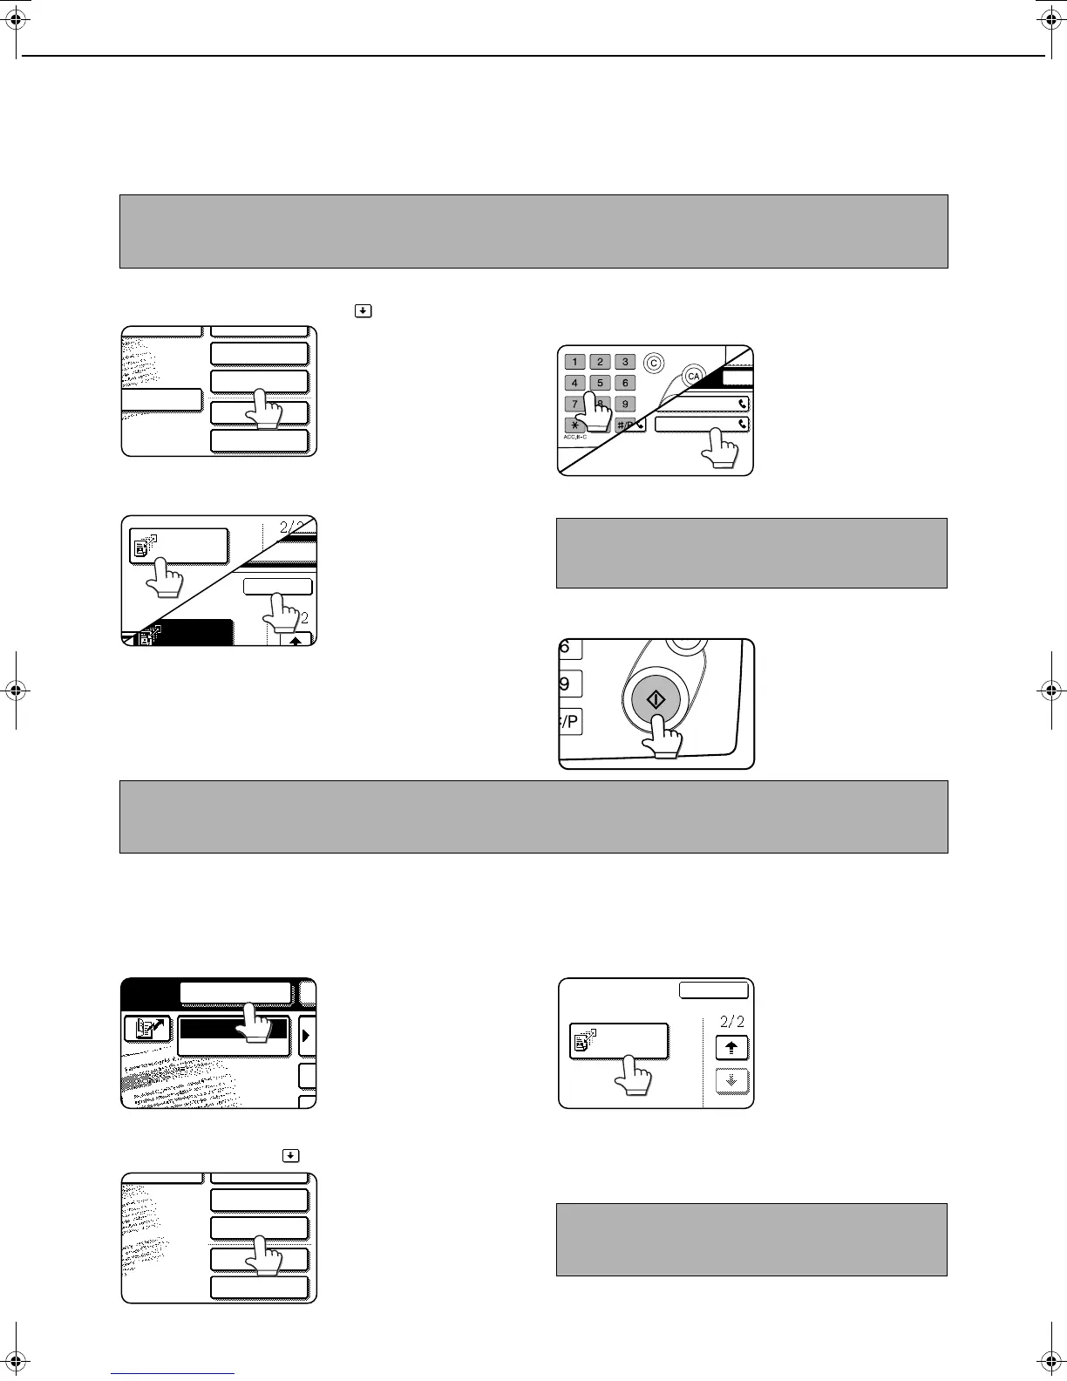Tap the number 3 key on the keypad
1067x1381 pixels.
pyautogui.click(x=625, y=362)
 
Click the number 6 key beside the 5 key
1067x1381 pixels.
pyautogui.click(x=625, y=383)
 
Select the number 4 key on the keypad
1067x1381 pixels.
pyautogui.click(x=574, y=383)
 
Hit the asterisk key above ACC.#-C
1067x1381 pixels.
pyautogui.click(x=574, y=425)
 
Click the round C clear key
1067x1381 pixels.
pyautogui.click(x=653, y=362)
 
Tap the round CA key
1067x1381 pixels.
pyautogui.click(x=694, y=376)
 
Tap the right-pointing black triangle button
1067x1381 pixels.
pyautogui.click(x=307, y=1036)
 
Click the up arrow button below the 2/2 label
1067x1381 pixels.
pyautogui.click(x=731, y=1047)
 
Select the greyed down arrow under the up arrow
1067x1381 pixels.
pyautogui.click(x=731, y=1081)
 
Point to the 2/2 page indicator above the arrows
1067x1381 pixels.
pyautogui.click(x=731, y=1022)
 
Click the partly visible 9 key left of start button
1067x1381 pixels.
pyautogui.click(x=567, y=684)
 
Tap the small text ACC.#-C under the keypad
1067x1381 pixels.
pyautogui.click(x=575, y=436)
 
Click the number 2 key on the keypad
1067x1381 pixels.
pyautogui.click(x=600, y=362)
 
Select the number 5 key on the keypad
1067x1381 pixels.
pyautogui.click(x=600, y=383)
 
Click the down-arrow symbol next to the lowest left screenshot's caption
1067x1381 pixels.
pyautogui.click(x=290, y=1156)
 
